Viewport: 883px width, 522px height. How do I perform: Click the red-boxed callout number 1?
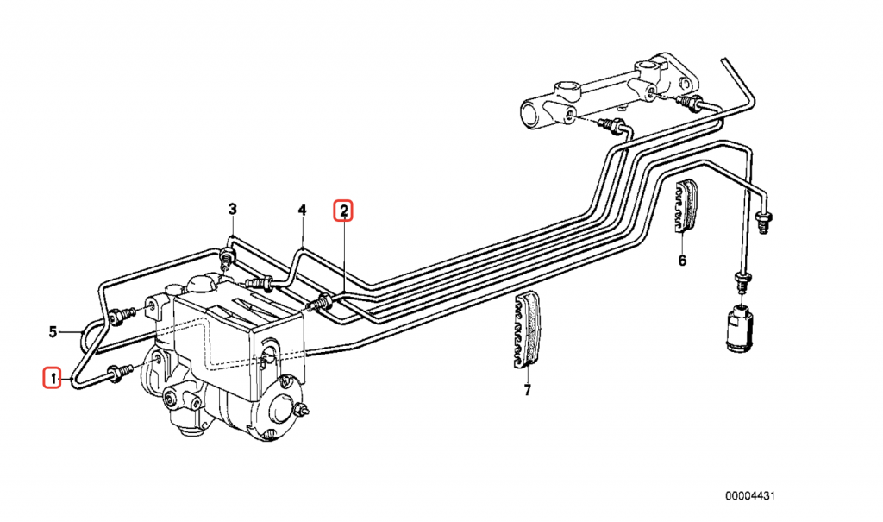(x=53, y=378)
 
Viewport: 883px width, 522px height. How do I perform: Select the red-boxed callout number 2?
(x=343, y=211)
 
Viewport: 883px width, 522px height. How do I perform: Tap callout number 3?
(x=233, y=209)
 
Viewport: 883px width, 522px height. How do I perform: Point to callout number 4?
(x=303, y=211)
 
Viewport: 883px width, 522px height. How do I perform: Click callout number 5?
(x=53, y=331)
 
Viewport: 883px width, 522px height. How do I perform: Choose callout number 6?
(x=683, y=261)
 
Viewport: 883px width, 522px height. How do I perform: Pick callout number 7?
(x=527, y=389)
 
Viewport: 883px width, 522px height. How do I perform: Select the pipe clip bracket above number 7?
(x=525, y=331)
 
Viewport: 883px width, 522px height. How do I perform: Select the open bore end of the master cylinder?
(x=532, y=115)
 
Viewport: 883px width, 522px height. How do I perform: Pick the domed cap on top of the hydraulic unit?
(x=202, y=283)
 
